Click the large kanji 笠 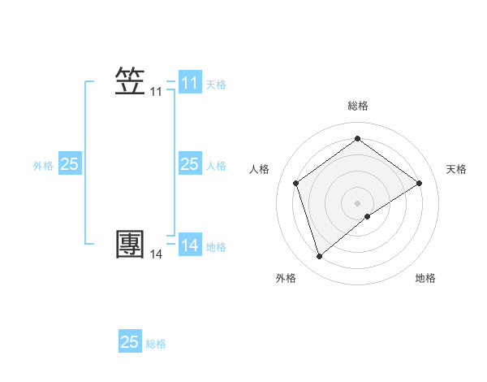tap(130, 82)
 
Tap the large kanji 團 tap(130, 243)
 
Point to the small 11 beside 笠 tap(156, 93)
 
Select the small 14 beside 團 tap(156, 254)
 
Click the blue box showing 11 tap(189, 83)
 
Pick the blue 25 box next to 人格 tap(189, 164)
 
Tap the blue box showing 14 tap(189, 245)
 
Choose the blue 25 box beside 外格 tap(69, 164)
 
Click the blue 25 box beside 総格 tap(130, 342)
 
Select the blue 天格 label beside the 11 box tap(216, 85)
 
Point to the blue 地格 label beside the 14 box tap(216, 247)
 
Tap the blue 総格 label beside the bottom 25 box tap(156, 344)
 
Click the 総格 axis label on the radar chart tap(357, 106)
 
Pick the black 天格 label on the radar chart tap(456, 169)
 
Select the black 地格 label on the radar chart tap(425, 278)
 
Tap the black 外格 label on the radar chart tap(286, 278)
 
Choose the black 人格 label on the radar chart tap(259, 169)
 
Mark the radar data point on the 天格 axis tap(419, 183)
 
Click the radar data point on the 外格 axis tap(319, 257)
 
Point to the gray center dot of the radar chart tap(357, 202)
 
